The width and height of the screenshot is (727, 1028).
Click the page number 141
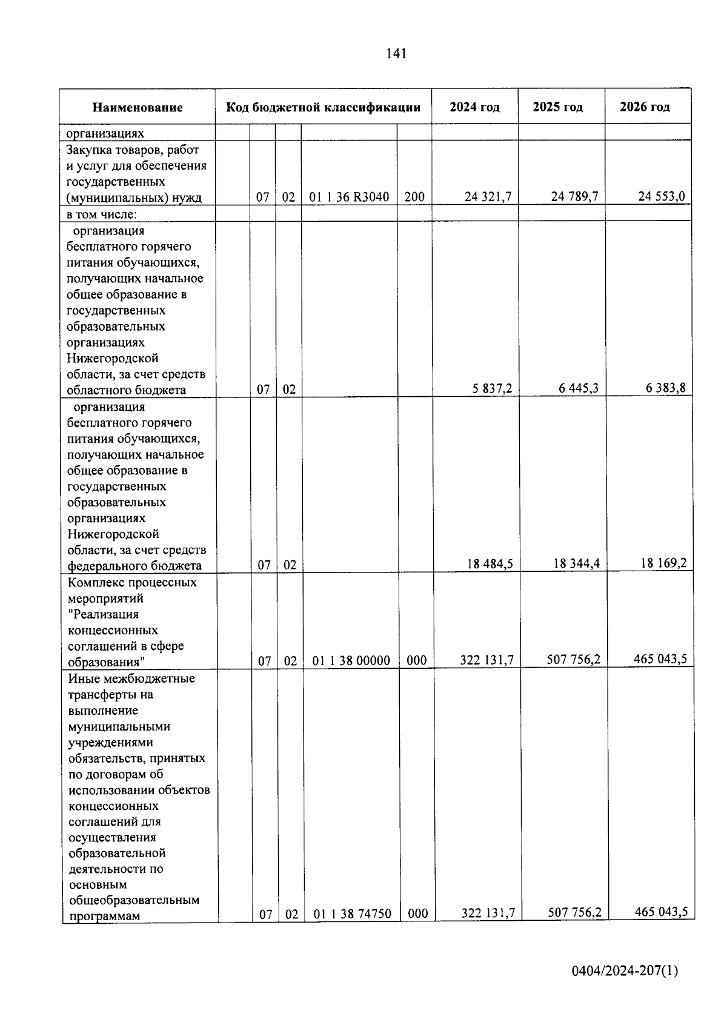tap(396, 54)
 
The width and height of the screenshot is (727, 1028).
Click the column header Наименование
tap(138, 108)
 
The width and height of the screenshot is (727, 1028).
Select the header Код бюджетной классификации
tap(323, 108)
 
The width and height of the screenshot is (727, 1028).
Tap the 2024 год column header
tap(475, 107)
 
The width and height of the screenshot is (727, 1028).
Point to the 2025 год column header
tap(558, 107)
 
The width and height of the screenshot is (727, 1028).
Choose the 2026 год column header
tap(645, 107)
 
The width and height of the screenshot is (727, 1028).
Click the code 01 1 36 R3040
tap(349, 197)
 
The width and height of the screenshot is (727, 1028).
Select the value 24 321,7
tap(488, 197)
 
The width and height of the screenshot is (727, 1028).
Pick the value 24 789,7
tap(575, 197)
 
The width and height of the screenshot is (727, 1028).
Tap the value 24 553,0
tap(662, 197)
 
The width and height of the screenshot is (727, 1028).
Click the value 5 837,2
tap(493, 389)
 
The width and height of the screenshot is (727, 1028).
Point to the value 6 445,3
tap(579, 388)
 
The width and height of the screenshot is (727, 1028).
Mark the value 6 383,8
tap(666, 388)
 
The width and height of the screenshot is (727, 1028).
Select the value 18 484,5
tap(490, 565)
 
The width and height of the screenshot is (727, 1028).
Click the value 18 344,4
tap(577, 564)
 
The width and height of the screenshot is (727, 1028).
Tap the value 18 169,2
tap(664, 563)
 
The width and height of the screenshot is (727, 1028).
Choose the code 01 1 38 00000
tap(351, 661)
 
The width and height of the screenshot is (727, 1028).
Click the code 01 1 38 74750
tap(353, 914)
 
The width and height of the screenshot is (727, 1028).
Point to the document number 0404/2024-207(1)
tap(625, 971)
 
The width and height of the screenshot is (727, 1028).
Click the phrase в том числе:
tap(102, 214)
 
